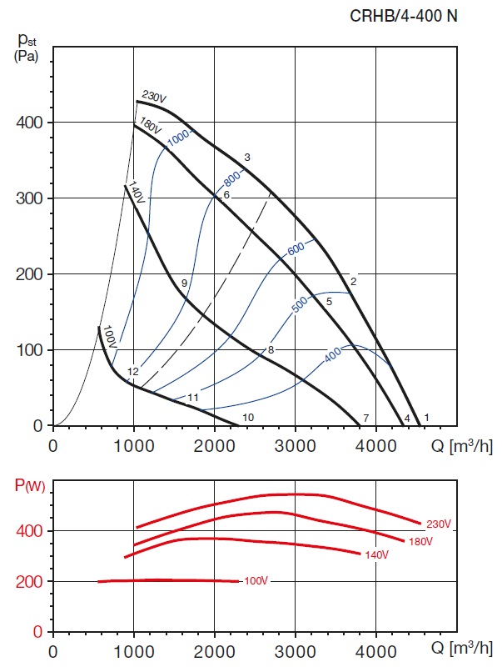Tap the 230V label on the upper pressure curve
coord(154,98)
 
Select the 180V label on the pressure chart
coord(150,127)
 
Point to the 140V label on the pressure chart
coord(137,193)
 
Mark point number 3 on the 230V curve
coord(247,158)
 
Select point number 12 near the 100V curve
coord(132,371)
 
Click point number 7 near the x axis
coord(365,417)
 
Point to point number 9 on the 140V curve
coord(184,284)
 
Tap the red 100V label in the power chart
coord(256,580)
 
